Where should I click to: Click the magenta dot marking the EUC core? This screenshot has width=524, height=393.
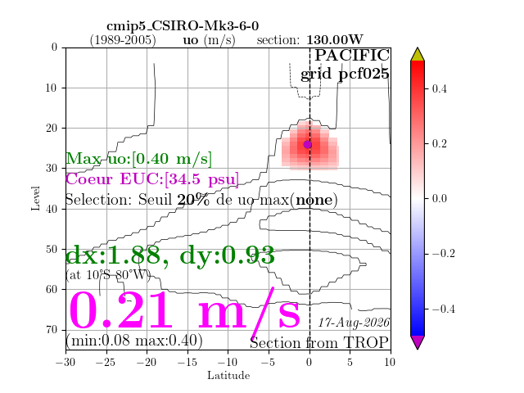(x=308, y=145)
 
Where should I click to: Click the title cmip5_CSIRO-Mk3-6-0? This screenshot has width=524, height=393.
(x=183, y=25)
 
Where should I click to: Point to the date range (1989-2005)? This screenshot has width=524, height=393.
(x=123, y=40)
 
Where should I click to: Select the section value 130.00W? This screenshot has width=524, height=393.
(x=335, y=40)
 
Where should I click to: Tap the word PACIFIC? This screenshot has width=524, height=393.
(x=352, y=55)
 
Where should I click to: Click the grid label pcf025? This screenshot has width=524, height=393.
(x=364, y=74)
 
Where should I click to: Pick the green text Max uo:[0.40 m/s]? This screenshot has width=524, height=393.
(x=138, y=158)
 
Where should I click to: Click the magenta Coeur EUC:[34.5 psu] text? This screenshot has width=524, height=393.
(x=152, y=179)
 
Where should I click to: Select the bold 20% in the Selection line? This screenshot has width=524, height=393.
(x=193, y=200)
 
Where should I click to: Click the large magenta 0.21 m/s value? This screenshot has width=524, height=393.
(x=184, y=309)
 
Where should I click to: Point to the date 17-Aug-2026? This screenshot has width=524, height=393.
(x=354, y=323)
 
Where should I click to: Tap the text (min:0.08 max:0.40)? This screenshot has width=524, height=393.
(x=134, y=341)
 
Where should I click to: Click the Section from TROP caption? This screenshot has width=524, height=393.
(x=319, y=343)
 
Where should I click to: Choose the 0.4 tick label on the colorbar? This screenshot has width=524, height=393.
(x=439, y=88)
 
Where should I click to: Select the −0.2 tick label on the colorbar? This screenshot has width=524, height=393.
(x=443, y=253)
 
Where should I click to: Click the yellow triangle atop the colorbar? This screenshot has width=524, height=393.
(x=418, y=54)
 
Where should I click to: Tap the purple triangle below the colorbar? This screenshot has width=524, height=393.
(x=418, y=342)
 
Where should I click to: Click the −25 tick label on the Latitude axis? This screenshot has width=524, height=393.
(x=106, y=362)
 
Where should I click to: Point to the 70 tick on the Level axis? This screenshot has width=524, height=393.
(x=52, y=330)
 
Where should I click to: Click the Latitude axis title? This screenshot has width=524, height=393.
(x=228, y=375)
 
